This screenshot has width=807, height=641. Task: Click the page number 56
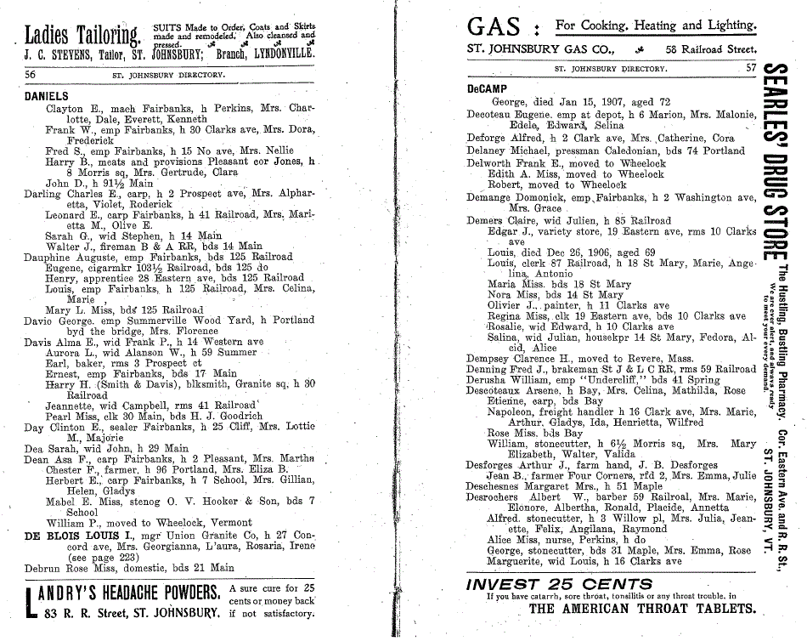tap(31, 74)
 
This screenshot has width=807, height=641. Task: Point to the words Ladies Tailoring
tap(82, 36)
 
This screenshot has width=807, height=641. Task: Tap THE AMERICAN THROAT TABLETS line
tap(641, 609)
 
